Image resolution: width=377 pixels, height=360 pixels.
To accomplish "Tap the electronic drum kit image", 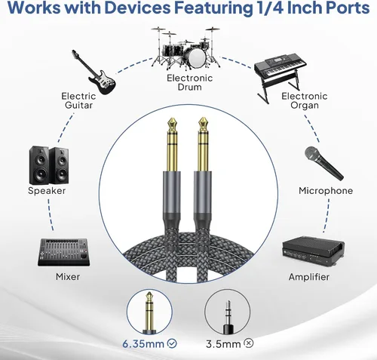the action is click(x=185, y=48).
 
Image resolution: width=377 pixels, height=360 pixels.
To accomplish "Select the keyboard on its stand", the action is click(x=280, y=75).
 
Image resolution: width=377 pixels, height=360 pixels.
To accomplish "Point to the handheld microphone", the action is click(x=323, y=163).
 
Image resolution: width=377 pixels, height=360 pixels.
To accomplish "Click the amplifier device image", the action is click(x=314, y=251).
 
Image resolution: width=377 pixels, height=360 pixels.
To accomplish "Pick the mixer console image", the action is click(x=64, y=252).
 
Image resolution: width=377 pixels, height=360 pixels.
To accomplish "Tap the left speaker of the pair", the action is click(x=39, y=165).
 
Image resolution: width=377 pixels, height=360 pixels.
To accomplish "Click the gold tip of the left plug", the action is click(x=172, y=123).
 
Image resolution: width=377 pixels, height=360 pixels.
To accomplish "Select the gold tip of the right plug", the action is click(x=203, y=123).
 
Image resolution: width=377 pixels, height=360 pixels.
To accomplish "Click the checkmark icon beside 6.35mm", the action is click(x=172, y=343).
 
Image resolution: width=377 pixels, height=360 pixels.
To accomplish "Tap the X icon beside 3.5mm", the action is click(x=249, y=343).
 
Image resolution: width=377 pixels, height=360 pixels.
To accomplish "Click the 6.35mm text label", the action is click(x=143, y=343).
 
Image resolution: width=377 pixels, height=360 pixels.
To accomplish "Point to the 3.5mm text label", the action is click(x=223, y=344).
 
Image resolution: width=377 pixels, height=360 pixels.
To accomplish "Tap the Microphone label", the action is click(x=326, y=191).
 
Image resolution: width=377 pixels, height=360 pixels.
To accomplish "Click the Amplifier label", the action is click(x=309, y=277).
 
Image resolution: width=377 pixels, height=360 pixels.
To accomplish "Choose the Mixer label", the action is click(x=68, y=277).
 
